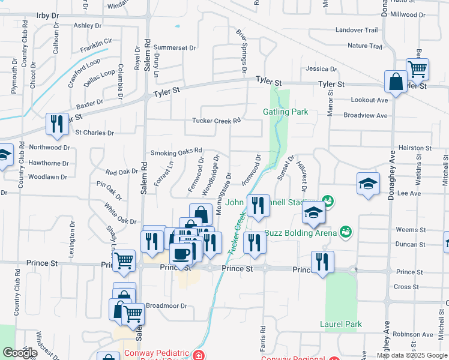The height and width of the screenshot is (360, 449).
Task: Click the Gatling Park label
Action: tap(285, 112)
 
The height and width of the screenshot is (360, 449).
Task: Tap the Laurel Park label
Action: tap(341, 325)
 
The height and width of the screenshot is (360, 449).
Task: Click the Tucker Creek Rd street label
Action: tap(216, 121)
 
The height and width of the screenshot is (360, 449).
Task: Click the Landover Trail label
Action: tap(357, 30)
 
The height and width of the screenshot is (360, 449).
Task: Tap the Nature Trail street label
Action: tap(364, 46)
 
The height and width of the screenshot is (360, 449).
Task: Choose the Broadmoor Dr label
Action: tap(167, 305)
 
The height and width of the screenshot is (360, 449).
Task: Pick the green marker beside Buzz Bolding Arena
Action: tap(345, 231)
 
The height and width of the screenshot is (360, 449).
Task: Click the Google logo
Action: tap(19, 353)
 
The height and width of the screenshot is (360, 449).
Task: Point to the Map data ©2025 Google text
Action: tap(412, 355)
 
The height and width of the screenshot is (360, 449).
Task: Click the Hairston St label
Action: tap(415, 148)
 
